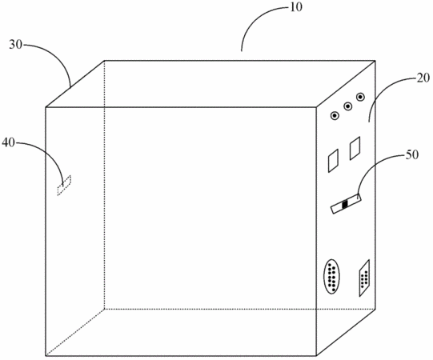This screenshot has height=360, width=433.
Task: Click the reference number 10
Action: coord(296,7)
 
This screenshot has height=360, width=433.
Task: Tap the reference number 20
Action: coord(423,78)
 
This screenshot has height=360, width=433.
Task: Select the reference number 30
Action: coord(15,45)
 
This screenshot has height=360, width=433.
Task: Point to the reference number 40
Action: coord(9,142)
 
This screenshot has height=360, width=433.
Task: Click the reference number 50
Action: coord(411,155)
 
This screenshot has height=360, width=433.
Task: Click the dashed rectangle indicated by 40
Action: coord(64,186)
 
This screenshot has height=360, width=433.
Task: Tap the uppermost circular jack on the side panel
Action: coord(360,97)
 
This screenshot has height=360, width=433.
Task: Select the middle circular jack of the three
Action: coord(347,106)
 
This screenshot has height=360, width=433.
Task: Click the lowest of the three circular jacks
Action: coord(335,116)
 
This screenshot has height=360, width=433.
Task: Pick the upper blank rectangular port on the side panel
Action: coord(355,148)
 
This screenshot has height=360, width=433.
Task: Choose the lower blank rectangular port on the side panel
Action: coord(333,161)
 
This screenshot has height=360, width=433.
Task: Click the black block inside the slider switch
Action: coord(345,204)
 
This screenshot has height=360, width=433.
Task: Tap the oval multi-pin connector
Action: coord(331,276)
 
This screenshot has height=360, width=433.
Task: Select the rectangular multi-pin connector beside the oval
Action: coord(364,278)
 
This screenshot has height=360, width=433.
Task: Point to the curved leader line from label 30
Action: coord(57,56)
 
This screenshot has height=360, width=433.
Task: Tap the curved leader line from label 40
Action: coord(50,154)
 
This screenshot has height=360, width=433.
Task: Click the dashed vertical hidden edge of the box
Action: coord(104,185)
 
